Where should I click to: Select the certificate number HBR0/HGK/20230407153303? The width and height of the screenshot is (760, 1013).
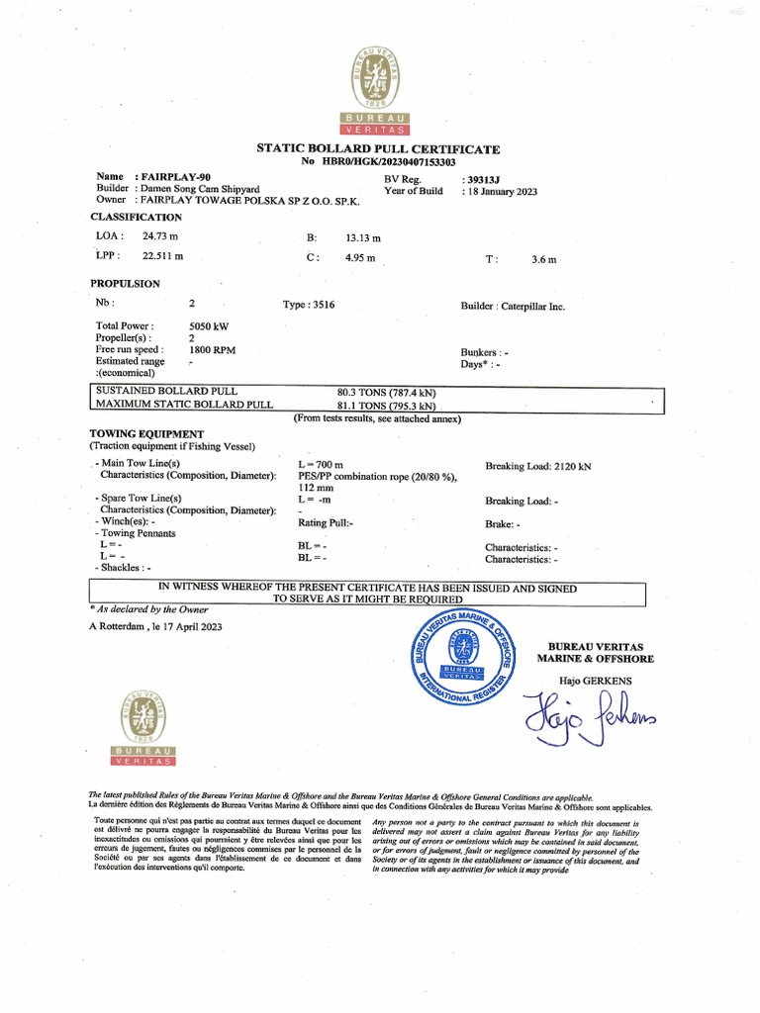(393, 161)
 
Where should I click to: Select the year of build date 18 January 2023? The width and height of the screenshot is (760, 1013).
(500, 192)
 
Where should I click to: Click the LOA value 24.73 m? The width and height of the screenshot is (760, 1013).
(160, 236)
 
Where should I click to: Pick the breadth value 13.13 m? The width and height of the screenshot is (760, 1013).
(363, 238)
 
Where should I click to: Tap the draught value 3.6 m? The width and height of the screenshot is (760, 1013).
(543, 259)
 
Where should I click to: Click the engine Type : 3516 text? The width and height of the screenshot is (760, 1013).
(309, 305)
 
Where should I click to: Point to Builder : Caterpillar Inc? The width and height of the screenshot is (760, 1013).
(513, 307)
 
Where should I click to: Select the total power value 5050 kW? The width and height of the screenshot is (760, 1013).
(210, 325)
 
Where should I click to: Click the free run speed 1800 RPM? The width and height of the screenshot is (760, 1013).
(212, 350)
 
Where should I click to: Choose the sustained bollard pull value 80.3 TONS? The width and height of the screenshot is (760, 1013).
(386, 393)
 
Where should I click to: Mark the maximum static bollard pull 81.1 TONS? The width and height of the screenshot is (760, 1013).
(386, 406)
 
